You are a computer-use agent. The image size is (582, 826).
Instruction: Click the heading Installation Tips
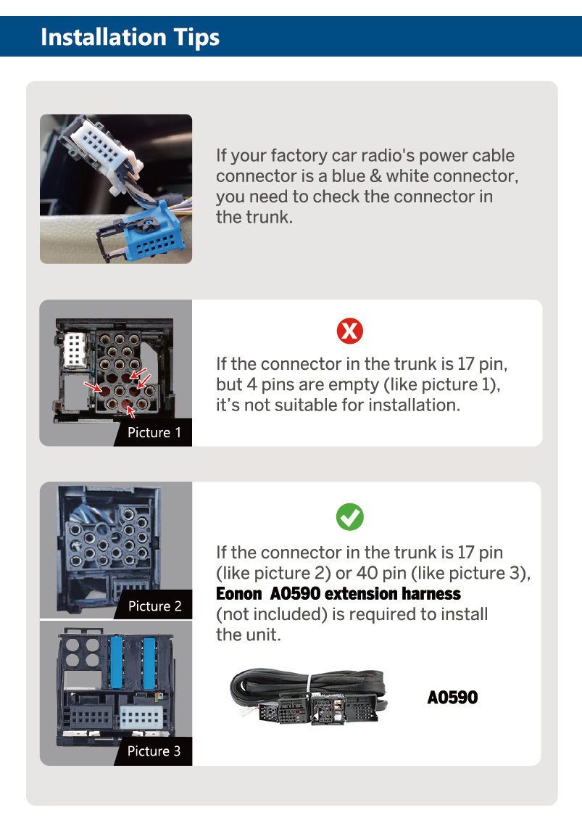point(130,38)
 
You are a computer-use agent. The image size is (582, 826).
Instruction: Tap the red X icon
point(350,331)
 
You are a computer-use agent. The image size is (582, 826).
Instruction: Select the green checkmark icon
point(350,517)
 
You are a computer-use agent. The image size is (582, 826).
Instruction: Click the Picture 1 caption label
point(154,432)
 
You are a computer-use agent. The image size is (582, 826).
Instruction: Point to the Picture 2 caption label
point(155,606)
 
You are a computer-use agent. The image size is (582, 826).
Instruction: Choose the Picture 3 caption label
point(154,751)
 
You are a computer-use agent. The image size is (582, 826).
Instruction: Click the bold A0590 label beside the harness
point(452,698)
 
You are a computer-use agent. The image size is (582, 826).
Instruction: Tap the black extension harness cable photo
point(309,696)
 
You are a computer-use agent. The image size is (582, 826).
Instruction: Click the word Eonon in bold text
point(238,594)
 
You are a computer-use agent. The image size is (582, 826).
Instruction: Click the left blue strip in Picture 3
point(117,663)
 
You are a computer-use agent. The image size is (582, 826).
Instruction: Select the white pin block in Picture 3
point(141,717)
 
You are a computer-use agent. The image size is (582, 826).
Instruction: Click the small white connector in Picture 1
point(75,350)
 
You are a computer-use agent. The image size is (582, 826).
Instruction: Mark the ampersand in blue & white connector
point(375,176)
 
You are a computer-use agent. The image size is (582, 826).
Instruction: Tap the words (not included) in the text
point(273,614)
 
